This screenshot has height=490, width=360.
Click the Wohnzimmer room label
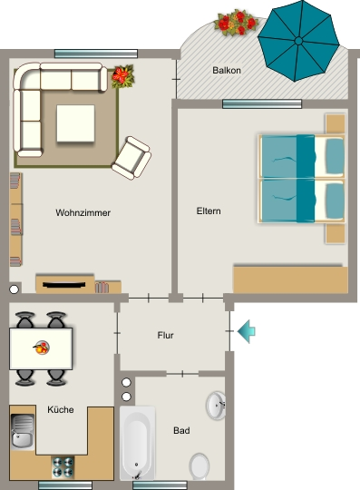(83, 213)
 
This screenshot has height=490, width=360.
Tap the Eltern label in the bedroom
(209, 211)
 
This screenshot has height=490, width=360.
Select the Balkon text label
(227, 70)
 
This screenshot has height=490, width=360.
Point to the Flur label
(165, 336)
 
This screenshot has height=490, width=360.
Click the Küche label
(61, 409)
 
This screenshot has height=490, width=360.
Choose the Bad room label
(181, 431)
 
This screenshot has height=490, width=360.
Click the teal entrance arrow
(247, 331)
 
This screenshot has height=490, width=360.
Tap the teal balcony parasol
(298, 41)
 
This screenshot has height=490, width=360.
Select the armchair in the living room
(131, 158)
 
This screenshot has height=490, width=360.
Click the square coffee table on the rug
(75, 123)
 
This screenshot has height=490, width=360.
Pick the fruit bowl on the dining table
(42, 348)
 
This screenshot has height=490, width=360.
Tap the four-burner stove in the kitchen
(63, 467)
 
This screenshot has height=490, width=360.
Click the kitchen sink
(22, 432)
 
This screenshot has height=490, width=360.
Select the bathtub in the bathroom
(138, 443)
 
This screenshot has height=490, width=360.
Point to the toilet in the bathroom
(199, 466)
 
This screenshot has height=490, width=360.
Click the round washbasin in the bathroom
(216, 406)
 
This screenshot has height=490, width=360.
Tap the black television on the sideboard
(64, 285)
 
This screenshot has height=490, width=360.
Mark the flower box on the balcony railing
(236, 23)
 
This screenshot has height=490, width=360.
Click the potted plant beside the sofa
(123, 76)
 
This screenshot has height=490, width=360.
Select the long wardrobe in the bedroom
(290, 279)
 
